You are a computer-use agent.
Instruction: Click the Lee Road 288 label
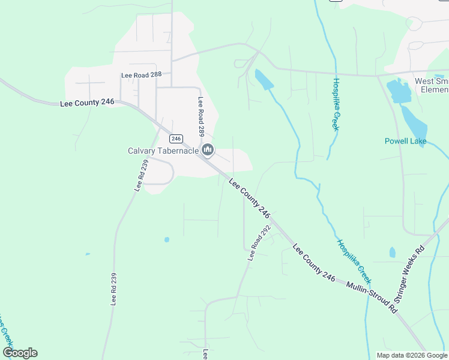(142, 76)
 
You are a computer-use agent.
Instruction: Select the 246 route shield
(175, 139)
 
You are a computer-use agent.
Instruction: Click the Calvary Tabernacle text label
(163, 151)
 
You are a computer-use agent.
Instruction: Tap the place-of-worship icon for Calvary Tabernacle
(208, 150)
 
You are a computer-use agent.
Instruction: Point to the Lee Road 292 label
(259, 243)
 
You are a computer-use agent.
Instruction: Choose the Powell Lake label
(406, 142)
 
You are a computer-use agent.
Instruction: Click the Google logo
(20, 353)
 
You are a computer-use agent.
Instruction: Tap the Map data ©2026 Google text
(411, 355)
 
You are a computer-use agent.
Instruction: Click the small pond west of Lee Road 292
(166, 239)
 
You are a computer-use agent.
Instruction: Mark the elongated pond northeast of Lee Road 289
(264, 80)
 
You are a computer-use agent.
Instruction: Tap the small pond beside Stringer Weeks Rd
(392, 253)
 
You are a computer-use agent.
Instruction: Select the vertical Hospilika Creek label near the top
(336, 104)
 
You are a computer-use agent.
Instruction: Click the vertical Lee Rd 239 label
(113, 289)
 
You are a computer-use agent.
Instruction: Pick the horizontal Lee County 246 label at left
(87, 103)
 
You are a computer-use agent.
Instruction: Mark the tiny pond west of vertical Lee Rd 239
(88, 254)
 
